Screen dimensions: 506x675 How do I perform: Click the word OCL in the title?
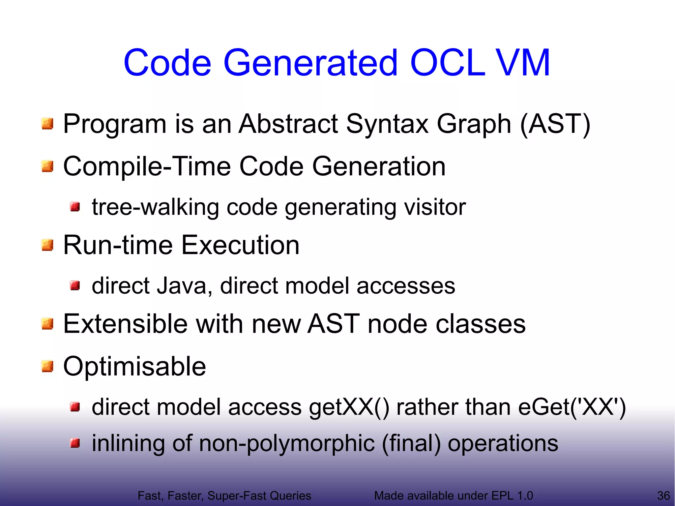[447, 63]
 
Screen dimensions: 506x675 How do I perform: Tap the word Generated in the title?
[310, 63]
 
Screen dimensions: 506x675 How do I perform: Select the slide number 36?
[663, 495]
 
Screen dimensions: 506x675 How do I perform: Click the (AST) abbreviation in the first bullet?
[555, 124]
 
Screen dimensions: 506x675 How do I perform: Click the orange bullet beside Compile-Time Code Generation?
[47, 166]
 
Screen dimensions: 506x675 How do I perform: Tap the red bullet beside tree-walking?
[75, 207]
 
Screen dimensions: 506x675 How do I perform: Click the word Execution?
[240, 245]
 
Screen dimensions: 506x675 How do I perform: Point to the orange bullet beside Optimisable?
[47, 366]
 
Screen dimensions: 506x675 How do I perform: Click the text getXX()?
[349, 407]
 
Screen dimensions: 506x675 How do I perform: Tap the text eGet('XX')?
[572, 407]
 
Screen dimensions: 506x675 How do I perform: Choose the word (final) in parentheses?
[411, 443]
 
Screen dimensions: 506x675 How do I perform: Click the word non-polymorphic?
[287, 443]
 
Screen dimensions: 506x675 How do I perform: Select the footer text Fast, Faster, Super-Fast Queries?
[224, 495]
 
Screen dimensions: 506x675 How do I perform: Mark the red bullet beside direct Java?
[75, 285]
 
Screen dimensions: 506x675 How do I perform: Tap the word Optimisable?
[134, 366]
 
